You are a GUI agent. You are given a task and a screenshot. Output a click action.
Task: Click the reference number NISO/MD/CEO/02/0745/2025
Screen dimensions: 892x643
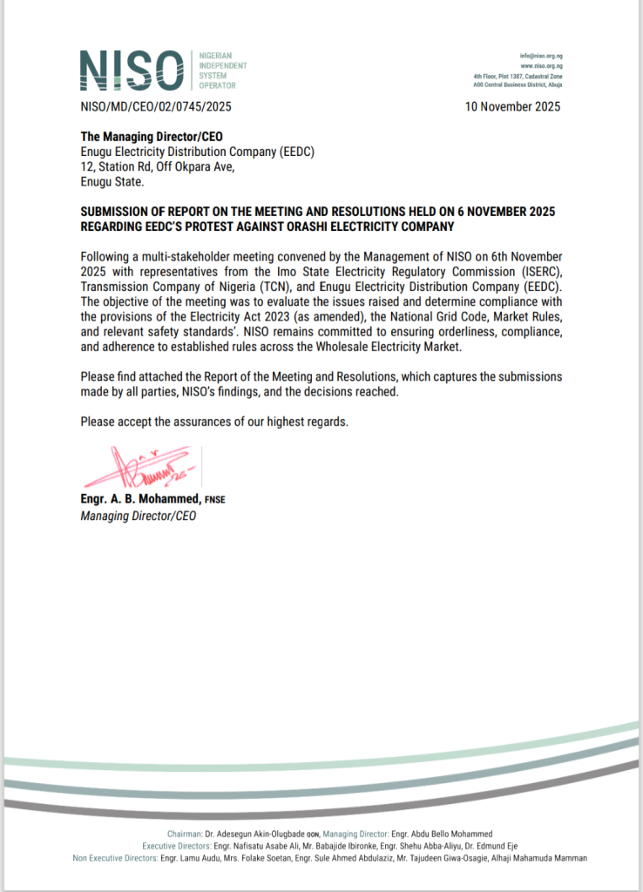point(156,107)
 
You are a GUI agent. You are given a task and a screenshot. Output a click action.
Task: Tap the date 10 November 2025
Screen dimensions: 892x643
point(513,107)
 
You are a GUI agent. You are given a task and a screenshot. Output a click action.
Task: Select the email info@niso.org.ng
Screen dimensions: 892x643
point(541,55)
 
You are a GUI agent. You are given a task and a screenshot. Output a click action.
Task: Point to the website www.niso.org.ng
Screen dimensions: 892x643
point(541,65)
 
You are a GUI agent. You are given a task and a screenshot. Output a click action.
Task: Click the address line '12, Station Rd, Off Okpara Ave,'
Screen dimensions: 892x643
point(157,167)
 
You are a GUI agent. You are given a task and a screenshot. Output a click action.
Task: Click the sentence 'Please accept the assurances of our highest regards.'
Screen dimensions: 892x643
point(214,422)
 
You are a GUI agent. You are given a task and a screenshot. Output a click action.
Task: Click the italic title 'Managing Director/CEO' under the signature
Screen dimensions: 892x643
point(139,516)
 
